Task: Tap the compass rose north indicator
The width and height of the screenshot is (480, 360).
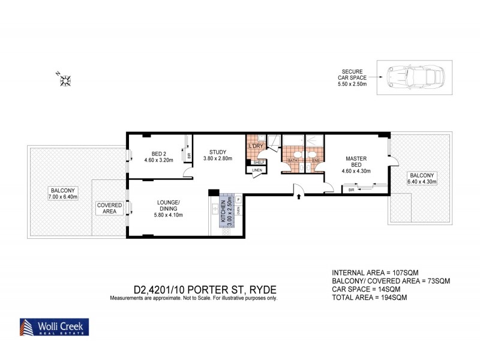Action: click(x=65, y=79)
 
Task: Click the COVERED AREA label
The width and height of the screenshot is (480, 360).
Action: click(x=109, y=208)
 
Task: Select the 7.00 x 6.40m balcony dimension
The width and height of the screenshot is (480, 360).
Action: click(x=62, y=197)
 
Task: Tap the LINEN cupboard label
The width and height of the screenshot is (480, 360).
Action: click(x=257, y=170)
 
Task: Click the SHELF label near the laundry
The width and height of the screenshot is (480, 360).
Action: click(x=259, y=162)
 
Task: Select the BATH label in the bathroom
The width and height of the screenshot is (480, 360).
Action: click(x=293, y=161)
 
